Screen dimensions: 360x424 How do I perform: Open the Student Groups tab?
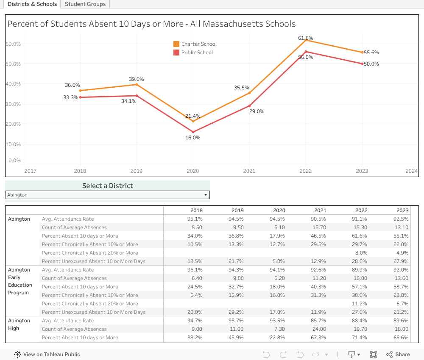(x=85, y=4)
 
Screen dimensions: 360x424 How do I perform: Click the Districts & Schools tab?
(x=32, y=4)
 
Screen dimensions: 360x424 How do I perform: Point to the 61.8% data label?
(x=305, y=38)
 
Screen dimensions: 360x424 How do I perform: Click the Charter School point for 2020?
(x=193, y=121)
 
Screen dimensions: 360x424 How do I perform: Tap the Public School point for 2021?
(x=249, y=105)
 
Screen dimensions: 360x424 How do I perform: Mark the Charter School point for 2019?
(x=137, y=84)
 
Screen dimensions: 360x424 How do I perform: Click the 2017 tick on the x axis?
(x=30, y=171)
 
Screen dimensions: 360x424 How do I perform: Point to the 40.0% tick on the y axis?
(x=13, y=84)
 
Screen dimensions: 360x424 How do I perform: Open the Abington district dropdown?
(x=108, y=195)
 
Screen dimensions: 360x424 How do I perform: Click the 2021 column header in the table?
(x=320, y=210)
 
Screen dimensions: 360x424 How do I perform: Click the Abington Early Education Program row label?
(x=20, y=281)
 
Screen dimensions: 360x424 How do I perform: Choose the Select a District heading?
(x=108, y=186)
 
